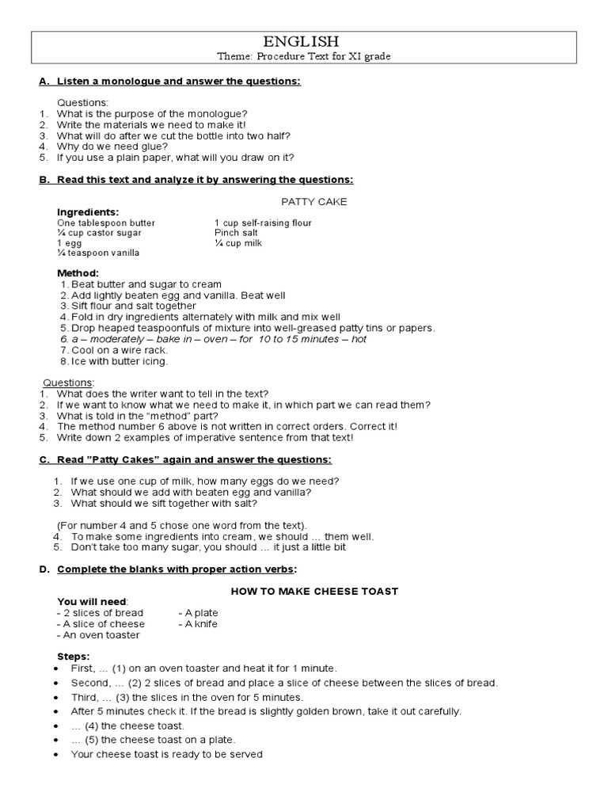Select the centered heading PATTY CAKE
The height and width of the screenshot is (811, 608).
(314, 201)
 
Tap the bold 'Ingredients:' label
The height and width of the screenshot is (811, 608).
(88, 212)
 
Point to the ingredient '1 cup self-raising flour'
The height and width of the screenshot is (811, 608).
(263, 223)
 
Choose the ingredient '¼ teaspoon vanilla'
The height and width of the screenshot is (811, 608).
(98, 253)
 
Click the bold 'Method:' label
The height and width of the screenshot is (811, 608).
(78, 273)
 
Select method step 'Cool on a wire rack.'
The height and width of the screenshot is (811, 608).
(119, 350)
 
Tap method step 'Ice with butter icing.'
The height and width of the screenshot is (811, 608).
(120, 361)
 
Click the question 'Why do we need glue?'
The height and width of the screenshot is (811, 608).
(112, 146)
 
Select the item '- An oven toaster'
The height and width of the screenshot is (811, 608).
(98, 634)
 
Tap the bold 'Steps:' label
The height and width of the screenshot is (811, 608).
(74, 657)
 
